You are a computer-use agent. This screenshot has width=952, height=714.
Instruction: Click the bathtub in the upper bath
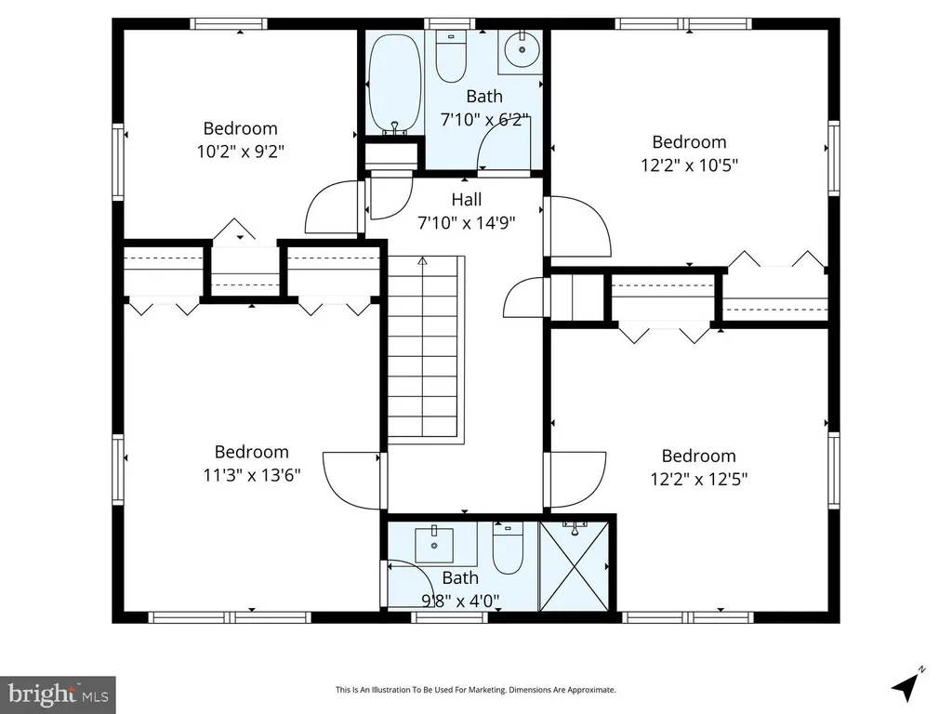(x=394, y=83)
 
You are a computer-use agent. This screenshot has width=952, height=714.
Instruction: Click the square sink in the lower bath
(x=434, y=545)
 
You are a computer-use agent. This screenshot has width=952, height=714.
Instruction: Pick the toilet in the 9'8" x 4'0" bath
(x=508, y=548)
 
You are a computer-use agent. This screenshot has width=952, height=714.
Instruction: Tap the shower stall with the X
(x=574, y=566)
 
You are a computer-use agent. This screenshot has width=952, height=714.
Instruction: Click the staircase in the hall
(x=423, y=350)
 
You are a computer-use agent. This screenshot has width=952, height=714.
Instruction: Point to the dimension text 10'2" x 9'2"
(x=241, y=152)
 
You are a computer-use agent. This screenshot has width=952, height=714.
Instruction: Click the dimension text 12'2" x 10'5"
(x=689, y=165)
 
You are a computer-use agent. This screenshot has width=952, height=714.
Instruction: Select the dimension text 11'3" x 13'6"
(x=251, y=475)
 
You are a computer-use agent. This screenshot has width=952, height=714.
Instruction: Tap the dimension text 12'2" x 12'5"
(x=699, y=479)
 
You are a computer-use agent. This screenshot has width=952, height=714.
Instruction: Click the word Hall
(x=467, y=200)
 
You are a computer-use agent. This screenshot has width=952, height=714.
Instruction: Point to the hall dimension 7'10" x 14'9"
(x=467, y=223)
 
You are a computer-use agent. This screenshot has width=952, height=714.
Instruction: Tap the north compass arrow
(x=906, y=685)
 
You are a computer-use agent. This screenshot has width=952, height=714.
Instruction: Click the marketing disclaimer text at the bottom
(x=475, y=690)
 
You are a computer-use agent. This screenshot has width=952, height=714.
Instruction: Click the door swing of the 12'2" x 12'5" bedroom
(x=575, y=480)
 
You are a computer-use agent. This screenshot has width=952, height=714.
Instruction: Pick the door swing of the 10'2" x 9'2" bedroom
(x=332, y=206)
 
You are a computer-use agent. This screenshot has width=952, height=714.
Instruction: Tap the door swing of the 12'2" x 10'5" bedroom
(x=578, y=226)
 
